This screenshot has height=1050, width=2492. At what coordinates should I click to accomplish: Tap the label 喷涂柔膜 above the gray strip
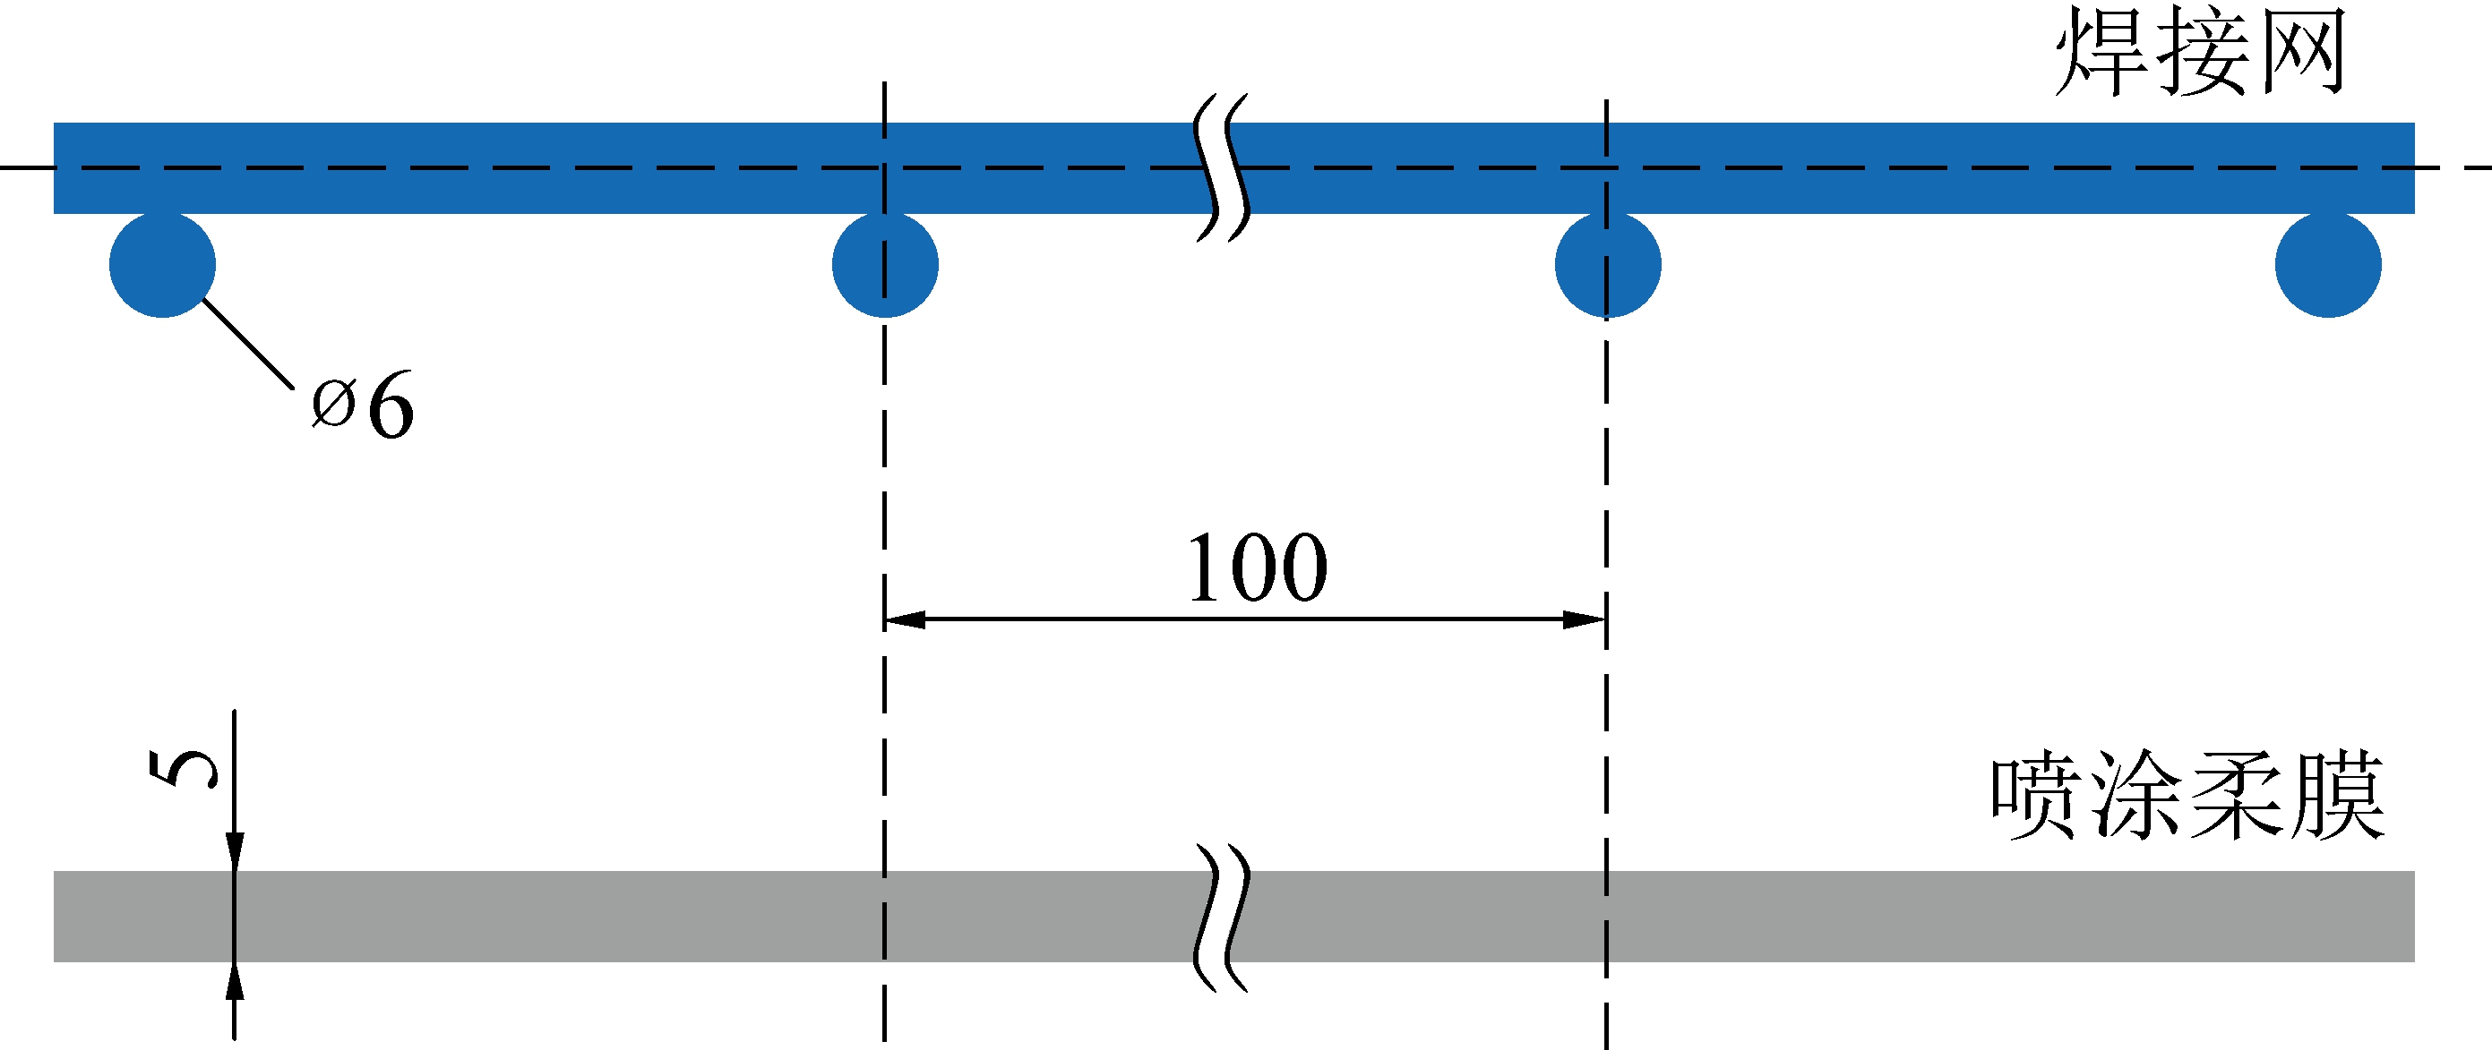[x=2187, y=796]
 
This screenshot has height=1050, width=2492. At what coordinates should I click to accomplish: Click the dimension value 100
[x=1257, y=568]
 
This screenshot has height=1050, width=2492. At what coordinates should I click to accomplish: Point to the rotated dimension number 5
[x=183, y=769]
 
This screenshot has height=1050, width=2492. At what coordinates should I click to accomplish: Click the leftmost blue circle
[x=162, y=264]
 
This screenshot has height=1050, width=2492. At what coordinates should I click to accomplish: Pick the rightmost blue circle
[x=2328, y=264]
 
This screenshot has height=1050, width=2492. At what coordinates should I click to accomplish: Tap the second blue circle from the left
[x=885, y=264]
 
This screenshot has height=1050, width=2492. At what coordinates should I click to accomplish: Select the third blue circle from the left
[x=1608, y=264]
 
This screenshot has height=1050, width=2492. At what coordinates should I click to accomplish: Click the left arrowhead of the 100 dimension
[x=905, y=619]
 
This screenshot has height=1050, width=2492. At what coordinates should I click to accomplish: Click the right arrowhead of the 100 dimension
[x=1585, y=619]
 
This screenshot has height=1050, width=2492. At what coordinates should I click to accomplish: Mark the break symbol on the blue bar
[x=1222, y=167]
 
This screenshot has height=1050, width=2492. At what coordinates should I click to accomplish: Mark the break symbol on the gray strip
[x=1222, y=918]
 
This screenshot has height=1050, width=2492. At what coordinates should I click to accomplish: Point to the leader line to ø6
[x=246, y=343]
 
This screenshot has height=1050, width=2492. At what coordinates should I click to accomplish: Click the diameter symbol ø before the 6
[x=334, y=404]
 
